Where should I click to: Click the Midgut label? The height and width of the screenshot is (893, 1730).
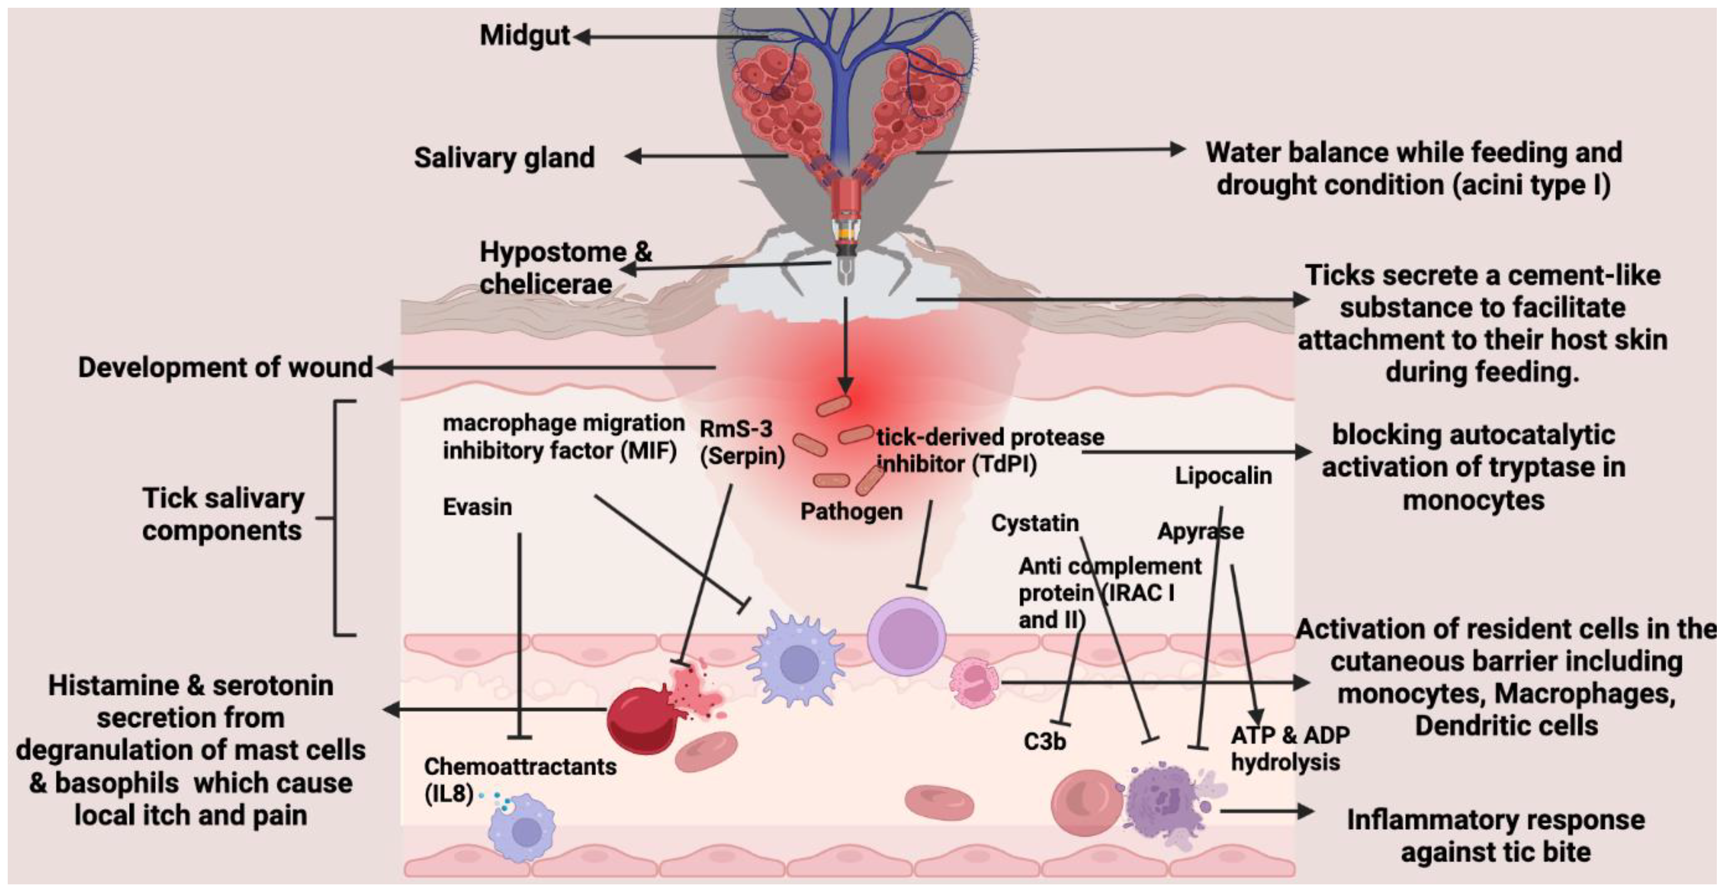(x=525, y=35)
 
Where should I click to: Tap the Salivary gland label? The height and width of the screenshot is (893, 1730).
(x=504, y=158)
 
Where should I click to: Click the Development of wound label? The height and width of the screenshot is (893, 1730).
(x=225, y=367)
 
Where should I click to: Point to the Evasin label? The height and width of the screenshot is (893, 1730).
(x=477, y=507)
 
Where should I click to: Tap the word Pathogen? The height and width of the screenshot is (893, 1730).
(x=851, y=512)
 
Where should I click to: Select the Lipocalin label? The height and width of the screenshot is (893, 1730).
(x=1222, y=476)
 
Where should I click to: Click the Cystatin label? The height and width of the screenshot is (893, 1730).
(x=1034, y=523)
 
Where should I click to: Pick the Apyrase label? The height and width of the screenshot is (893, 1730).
(x=1200, y=531)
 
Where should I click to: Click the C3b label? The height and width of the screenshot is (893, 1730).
(x=1044, y=741)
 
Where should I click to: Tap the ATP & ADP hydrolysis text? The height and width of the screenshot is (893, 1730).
(x=1288, y=748)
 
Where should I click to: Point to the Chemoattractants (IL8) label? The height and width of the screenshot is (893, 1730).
(x=519, y=779)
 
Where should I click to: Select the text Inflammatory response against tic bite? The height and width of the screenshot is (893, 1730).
(x=1496, y=835)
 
